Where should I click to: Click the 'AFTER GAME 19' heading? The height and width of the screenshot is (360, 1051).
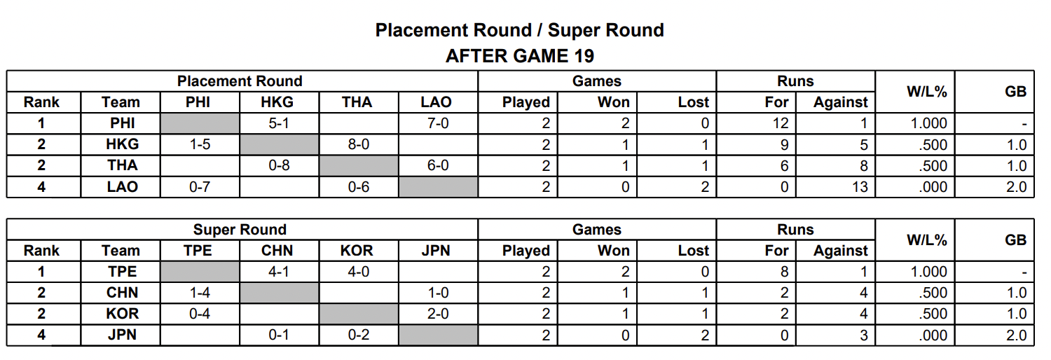[x=520, y=56]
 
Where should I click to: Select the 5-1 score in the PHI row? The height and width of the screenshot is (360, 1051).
[x=279, y=123]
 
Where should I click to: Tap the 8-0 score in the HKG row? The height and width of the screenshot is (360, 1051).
[x=359, y=144]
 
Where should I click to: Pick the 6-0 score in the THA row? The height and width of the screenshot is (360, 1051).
[x=438, y=165]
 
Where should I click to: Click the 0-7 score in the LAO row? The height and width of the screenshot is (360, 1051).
[x=200, y=187]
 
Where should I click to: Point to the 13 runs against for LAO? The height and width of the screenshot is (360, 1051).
[x=860, y=187]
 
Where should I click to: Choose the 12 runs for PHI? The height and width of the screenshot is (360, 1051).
[x=781, y=123]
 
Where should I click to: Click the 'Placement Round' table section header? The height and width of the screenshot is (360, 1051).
[x=240, y=81]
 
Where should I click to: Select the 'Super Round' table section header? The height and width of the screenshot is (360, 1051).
[x=240, y=230]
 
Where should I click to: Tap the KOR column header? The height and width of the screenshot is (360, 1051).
[x=357, y=251]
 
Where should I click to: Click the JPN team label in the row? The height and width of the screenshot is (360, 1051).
[x=122, y=335]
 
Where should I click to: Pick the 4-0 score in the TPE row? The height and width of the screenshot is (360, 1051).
[x=359, y=272]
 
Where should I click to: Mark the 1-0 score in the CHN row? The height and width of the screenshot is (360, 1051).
[x=438, y=293]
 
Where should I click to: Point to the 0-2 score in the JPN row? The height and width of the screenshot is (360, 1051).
[x=359, y=335]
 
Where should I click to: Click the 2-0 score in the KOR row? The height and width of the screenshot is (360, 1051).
[x=438, y=314]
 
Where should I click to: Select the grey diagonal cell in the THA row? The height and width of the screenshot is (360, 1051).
[x=359, y=165]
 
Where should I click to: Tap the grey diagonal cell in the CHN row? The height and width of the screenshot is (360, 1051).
[x=279, y=293]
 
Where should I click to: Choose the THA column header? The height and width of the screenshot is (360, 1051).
[x=357, y=102]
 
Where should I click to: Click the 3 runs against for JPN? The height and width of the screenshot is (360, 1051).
[x=864, y=335]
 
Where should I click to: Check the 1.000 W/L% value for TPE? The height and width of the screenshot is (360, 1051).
[x=928, y=272]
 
